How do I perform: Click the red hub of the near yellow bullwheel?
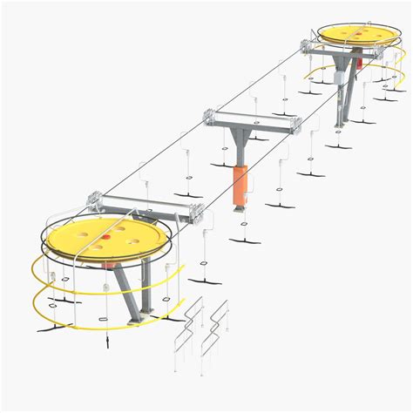point(104,235)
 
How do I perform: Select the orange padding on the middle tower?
point(241,183)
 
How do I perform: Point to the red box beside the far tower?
point(358,63)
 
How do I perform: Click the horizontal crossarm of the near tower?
point(148,205)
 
